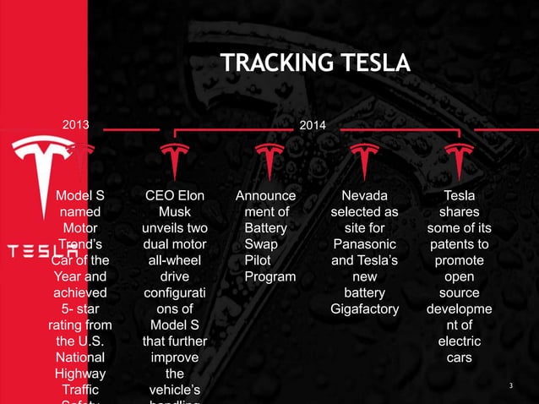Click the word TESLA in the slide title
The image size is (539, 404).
pyautogui.click(x=372, y=63)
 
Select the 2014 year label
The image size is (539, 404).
pyautogui.click(x=313, y=126)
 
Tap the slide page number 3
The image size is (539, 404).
pyautogui.click(x=511, y=386)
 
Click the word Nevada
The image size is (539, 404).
pyautogui.click(x=364, y=196)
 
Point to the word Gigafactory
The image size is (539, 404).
pyautogui.click(x=364, y=308)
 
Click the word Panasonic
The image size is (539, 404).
pyautogui.click(x=364, y=244)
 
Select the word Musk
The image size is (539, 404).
pyautogui.click(x=175, y=212)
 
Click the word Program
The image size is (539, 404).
pyautogui.click(x=269, y=276)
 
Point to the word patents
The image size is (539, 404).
pyautogui.click(x=459, y=244)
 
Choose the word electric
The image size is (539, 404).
pyautogui.click(x=459, y=341)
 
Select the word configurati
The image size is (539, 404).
pyautogui.click(x=175, y=292)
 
